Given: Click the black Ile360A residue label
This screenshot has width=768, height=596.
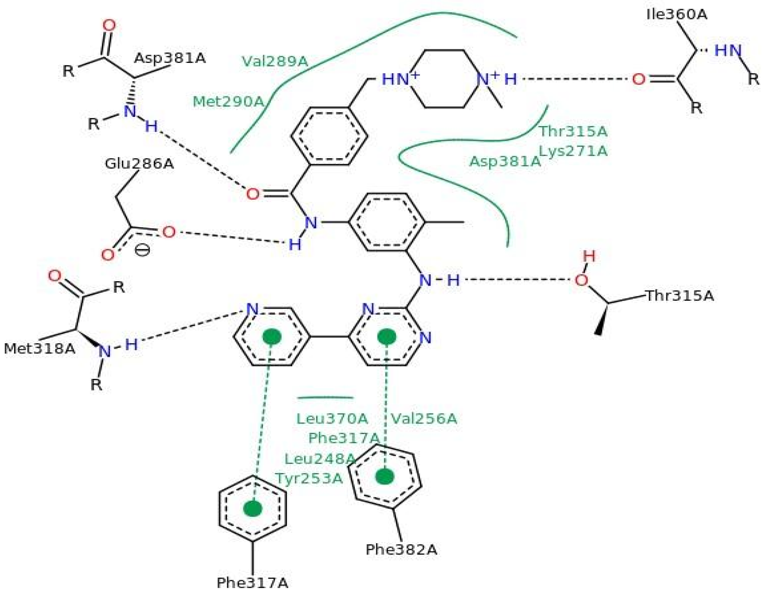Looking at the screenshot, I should [x=677, y=15].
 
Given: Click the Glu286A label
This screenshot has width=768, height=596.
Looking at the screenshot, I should [x=139, y=164].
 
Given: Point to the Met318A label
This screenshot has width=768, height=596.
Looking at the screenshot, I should [x=39, y=349].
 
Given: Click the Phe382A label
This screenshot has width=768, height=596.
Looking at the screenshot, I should [x=401, y=550].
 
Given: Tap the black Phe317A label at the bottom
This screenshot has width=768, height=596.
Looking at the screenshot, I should [x=252, y=583].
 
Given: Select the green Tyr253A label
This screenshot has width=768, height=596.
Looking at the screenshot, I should [x=309, y=478].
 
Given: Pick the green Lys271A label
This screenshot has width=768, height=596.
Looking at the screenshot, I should [x=573, y=151].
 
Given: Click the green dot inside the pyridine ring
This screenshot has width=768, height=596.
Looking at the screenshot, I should [x=272, y=337].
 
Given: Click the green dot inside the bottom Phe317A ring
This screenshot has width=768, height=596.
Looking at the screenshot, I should [x=252, y=509].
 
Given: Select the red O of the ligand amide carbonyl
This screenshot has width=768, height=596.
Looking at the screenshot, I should [x=252, y=194].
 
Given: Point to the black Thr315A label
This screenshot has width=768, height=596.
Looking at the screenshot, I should [x=679, y=296].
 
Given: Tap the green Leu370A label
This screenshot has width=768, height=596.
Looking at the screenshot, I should [x=332, y=419].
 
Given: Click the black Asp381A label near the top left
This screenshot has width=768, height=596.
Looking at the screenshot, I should [x=169, y=58].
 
